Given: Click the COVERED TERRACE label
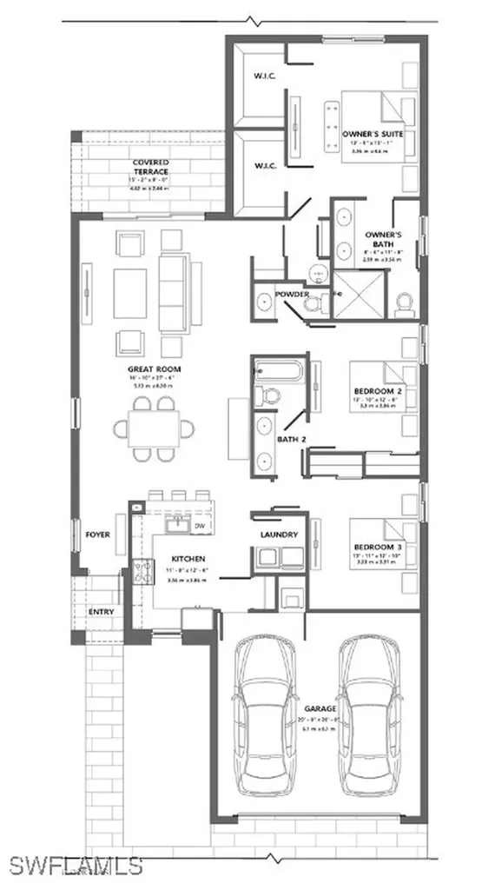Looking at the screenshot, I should pos(150,167).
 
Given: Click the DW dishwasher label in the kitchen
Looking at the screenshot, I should pos(199,526).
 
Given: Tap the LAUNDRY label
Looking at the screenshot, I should pos(279,535).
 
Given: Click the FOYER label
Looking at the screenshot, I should pos(97,535).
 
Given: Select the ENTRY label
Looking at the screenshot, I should pos(101,612).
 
